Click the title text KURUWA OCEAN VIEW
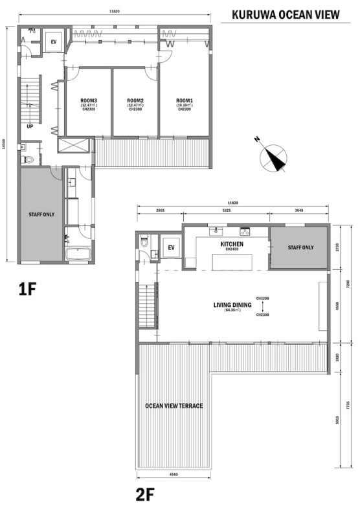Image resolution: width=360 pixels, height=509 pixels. point(284,14)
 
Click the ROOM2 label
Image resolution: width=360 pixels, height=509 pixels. point(135,104)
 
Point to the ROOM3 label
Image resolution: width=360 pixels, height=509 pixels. point(89,104)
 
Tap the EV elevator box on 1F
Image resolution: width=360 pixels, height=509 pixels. point(54,40)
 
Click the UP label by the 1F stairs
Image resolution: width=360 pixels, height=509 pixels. point(30,127)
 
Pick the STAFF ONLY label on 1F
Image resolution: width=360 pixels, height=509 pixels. point(40,213)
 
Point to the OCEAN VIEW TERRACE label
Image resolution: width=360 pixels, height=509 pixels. point(174,406)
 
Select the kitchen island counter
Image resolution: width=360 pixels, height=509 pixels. point(229,260)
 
